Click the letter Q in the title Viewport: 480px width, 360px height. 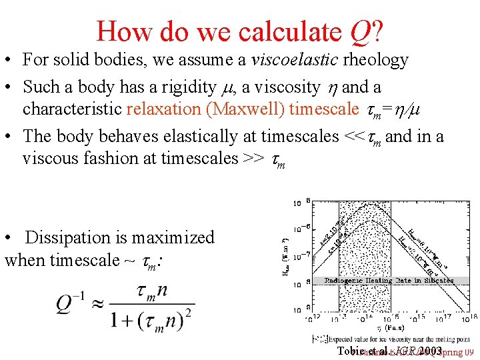[x=361, y=31]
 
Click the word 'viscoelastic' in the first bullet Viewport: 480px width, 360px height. [x=294, y=60]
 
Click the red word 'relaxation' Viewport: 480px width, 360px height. [x=163, y=109]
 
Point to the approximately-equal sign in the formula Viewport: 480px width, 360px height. [x=99, y=304]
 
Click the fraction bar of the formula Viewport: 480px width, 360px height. [x=153, y=304]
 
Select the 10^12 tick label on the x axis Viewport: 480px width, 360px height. [x=313, y=317]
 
